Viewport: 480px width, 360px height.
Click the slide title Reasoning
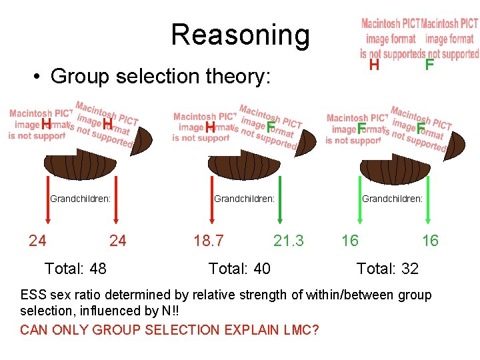240,35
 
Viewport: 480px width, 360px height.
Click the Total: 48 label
75,269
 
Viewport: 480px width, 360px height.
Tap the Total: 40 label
239,269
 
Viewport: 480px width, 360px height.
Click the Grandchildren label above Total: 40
244,198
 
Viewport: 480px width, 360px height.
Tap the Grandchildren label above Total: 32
392,198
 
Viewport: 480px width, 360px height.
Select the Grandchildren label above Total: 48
80,198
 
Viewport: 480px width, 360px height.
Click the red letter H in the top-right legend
374,65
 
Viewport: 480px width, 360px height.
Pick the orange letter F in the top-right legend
429,65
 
